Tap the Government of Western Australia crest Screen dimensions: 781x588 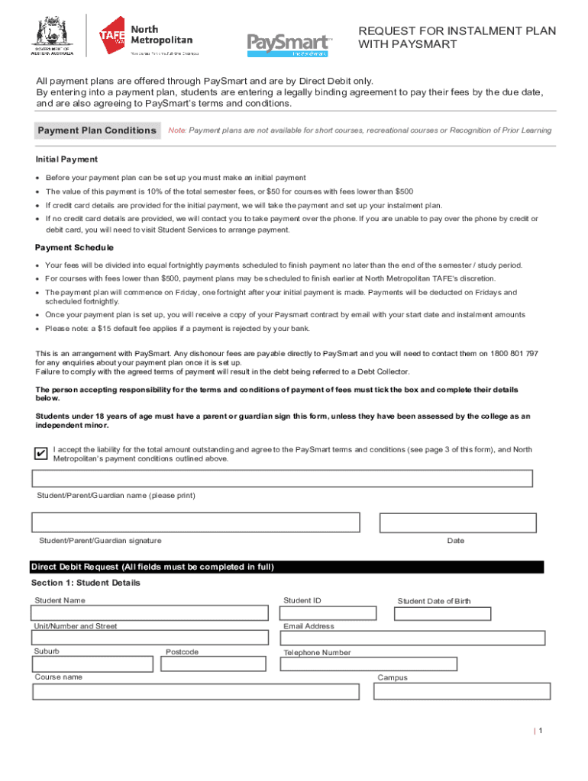pos(50,34)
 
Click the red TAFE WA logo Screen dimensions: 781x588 pos(113,35)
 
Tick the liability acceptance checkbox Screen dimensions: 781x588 pos(40,455)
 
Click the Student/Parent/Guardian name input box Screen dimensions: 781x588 pos(282,479)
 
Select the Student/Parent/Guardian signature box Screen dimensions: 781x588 pos(195,522)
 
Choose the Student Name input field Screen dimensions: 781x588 pos(150,613)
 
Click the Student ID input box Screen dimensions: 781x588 pos(328,613)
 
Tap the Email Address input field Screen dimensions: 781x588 pos(412,638)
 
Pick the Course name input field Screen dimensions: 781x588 pos(195,692)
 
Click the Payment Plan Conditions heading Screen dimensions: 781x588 pos(97,130)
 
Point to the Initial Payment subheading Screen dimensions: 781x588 pos(66,159)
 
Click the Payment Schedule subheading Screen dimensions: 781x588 pos(74,248)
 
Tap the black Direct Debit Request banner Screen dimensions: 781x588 pos(286,567)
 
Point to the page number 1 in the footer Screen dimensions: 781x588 pos(540,731)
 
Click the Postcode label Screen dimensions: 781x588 pos(182,652)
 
